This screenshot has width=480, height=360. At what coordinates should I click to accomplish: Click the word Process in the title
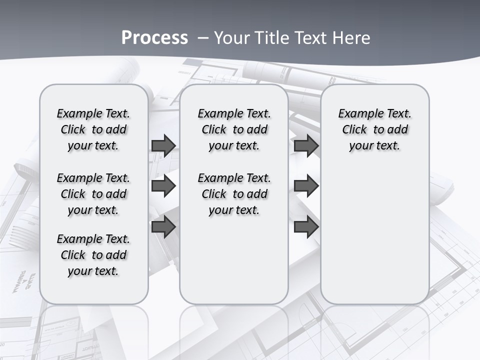pos(154,37)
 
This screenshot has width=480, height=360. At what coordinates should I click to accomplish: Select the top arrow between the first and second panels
pos(163,145)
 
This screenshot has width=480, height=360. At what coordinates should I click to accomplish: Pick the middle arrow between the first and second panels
pos(163,186)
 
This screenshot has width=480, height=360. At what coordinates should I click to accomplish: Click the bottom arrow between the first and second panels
pos(163,227)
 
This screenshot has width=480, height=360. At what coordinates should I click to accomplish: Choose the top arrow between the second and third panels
pos(306,145)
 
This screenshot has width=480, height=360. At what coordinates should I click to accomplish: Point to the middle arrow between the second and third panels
pos(306,186)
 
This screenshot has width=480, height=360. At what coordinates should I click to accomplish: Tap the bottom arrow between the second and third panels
pos(306,227)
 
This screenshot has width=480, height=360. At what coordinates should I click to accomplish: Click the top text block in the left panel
pos(93,129)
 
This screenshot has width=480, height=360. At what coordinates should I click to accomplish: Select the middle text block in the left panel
pos(93,194)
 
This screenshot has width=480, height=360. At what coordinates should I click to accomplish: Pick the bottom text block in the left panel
pos(93,255)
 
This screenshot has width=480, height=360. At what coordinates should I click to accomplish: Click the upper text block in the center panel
pos(234,129)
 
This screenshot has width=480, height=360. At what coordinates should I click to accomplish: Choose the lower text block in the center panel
pos(234,194)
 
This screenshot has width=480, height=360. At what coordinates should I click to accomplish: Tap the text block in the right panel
pos(375,129)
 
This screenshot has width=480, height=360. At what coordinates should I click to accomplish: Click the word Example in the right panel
pos(358,114)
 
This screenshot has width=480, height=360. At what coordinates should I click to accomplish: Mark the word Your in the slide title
pos(233,37)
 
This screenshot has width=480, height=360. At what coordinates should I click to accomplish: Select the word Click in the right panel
pos(354,130)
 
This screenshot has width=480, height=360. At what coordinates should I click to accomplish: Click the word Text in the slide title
pos(309,37)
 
